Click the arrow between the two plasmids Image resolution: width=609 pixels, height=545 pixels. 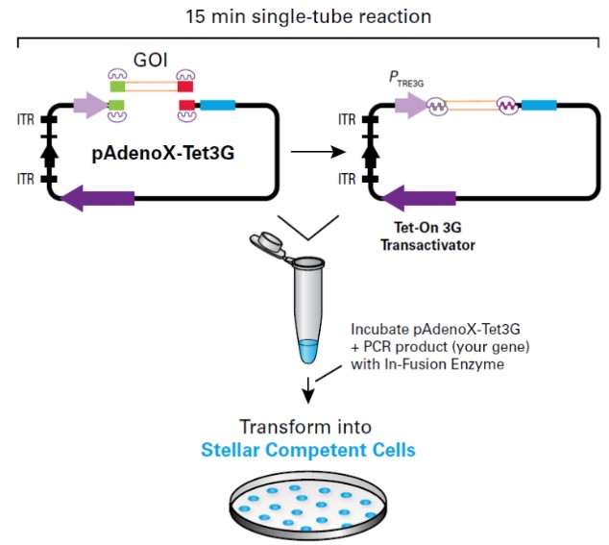pyautogui.click(x=318, y=152)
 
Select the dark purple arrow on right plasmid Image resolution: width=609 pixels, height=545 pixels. pyautogui.click(x=419, y=197)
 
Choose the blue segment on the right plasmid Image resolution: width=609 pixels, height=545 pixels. pyautogui.click(x=538, y=106)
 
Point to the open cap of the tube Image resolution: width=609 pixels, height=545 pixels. pyautogui.click(x=268, y=247)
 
